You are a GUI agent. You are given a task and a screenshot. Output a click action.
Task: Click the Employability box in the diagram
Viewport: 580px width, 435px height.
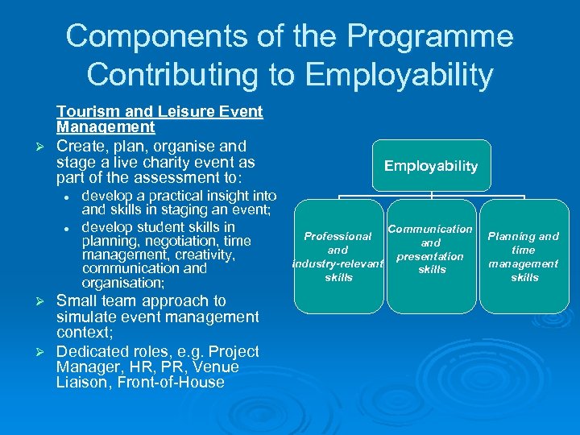point(431,166)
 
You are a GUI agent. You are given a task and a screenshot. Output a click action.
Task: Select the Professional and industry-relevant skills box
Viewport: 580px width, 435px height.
point(338,256)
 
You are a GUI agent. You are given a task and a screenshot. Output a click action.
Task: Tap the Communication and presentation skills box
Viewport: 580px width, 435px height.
point(431,256)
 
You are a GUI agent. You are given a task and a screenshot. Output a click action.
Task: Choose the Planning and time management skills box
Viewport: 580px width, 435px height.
point(524,256)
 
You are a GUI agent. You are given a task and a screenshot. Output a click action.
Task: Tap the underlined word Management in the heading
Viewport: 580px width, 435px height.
point(106,127)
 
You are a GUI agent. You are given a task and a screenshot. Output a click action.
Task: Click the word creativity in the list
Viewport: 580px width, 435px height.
point(205,255)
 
